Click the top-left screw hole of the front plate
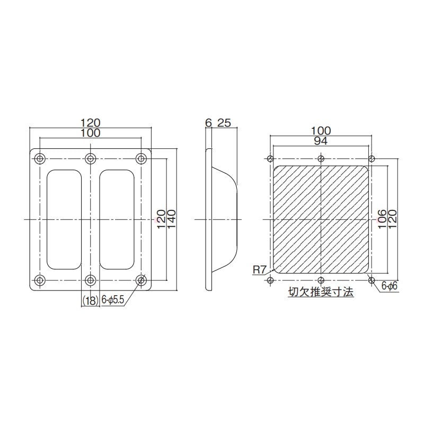(x=40, y=158)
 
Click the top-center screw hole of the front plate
(x=91, y=158)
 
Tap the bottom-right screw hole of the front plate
(x=141, y=279)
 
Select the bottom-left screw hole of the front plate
(x=40, y=279)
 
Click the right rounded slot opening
(x=116, y=219)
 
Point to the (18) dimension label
(x=90, y=301)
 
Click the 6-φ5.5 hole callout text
(x=112, y=301)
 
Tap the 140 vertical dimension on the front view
(x=171, y=219)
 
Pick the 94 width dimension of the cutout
(x=321, y=141)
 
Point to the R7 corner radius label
(x=259, y=270)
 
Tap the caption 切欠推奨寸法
(x=321, y=293)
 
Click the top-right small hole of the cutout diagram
(x=372, y=158)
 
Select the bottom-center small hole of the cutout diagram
(x=321, y=280)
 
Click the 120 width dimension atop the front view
(x=91, y=122)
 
